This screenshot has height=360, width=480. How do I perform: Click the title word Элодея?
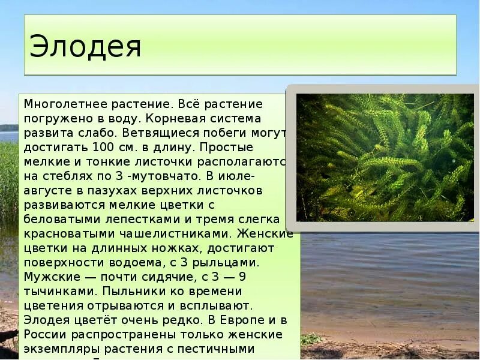pos(85,47)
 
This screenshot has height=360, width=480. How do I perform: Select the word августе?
pos(49,190)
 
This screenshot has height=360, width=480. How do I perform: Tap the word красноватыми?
pos(66,233)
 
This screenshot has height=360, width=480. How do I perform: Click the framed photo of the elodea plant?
pos(385,157)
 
